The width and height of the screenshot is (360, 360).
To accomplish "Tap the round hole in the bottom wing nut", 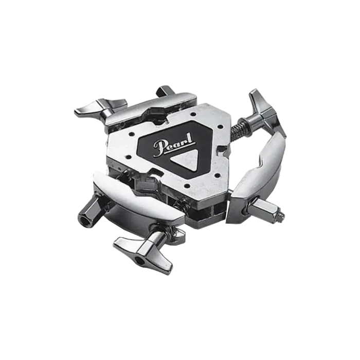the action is point(139,260).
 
